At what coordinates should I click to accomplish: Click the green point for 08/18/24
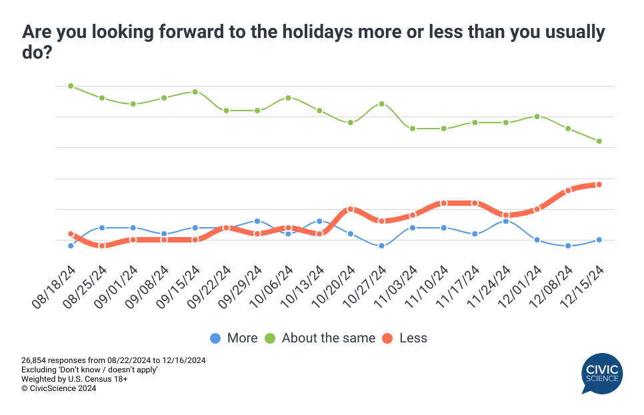[x=71, y=86]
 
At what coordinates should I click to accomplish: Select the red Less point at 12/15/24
[x=599, y=185]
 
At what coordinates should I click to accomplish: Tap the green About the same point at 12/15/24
[x=599, y=141]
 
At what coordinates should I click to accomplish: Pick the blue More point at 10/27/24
[x=381, y=246]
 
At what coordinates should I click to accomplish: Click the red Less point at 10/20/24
[x=351, y=209]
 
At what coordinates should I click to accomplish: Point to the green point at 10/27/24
[x=381, y=104]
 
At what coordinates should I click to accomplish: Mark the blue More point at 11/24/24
[x=506, y=220]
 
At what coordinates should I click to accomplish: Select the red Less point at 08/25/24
[x=102, y=246]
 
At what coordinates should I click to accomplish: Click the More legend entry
[x=234, y=338]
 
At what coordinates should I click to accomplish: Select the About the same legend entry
[x=321, y=338]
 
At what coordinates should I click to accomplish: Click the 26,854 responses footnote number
[x=35, y=360]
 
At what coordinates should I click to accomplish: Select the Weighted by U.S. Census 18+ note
[x=74, y=379]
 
